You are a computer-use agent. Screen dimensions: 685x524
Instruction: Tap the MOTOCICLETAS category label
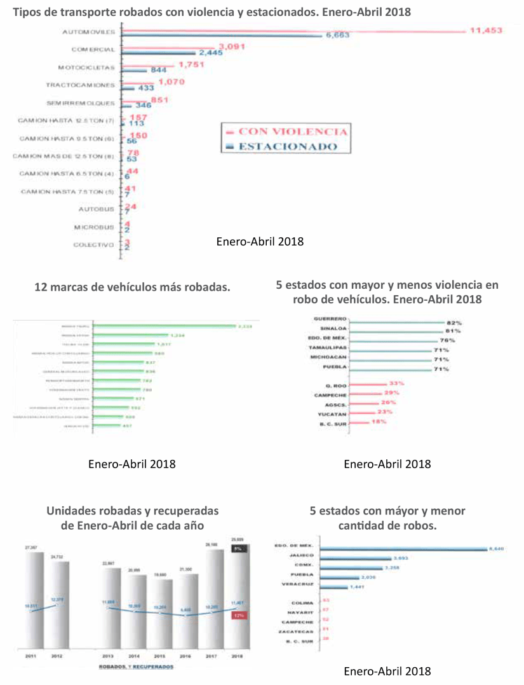click(x=86, y=67)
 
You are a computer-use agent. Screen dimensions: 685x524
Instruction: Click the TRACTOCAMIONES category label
click(x=80, y=85)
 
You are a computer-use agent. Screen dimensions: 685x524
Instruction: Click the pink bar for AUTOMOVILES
click(x=292, y=31)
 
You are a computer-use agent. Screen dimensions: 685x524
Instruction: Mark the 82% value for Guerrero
click(x=452, y=322)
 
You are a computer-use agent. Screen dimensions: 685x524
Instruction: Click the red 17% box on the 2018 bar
click(x=239, y=615)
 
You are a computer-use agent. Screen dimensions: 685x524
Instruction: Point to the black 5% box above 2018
click(x=239, y=548)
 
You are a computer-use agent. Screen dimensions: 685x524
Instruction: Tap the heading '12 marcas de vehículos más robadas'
click(x=131, y=287)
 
